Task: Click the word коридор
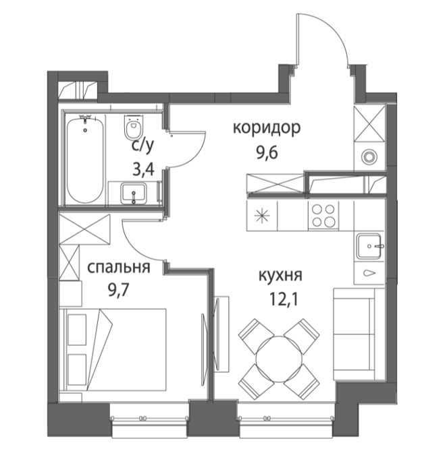click(x=267, y=129)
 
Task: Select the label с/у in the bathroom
click(x=142, y=146)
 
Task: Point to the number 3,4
click(x=143, y=169)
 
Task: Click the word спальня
click(x=118, y=267)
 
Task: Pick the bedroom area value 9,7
click(x=118, y=290)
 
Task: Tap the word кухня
click(x=280, y=275)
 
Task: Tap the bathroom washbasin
click(x=134, y=194)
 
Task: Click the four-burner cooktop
click(x=323, y=216)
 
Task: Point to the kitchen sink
click(x=370, y=246)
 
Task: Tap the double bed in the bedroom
click(x=113, y=350)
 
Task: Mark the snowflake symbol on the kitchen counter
click(x=262, y=216)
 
